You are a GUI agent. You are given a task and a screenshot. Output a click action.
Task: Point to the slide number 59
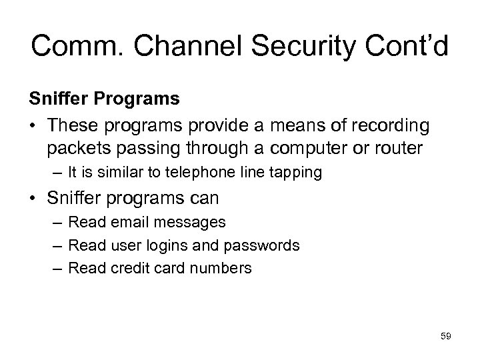click(x=446, y=337)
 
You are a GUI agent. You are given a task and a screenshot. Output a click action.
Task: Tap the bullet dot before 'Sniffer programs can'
click(x=33, y=199)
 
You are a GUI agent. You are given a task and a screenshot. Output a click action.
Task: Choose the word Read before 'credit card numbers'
click(x=87, y=268)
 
